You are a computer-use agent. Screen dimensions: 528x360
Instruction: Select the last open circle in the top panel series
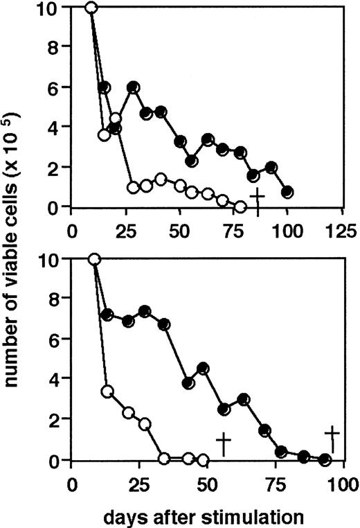pos(240,206)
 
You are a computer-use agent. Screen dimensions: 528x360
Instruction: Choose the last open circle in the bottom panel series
pos(202,459)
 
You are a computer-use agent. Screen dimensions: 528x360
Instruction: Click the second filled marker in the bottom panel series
pos(107,315)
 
